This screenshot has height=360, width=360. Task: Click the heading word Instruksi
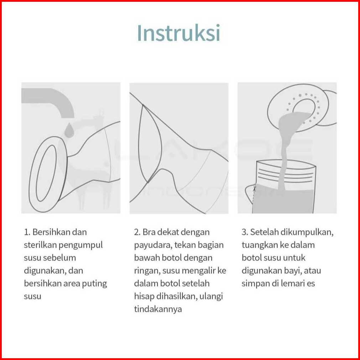[x=179, y=33]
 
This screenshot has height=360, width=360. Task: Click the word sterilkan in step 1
[x=40, y=245]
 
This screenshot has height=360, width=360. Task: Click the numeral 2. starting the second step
[x=137, y=232]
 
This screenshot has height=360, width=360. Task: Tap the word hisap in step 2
[x=144, y=297]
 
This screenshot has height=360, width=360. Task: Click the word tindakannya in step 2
[x=158, y=309]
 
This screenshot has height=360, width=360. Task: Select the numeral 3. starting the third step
[x=245, y=232]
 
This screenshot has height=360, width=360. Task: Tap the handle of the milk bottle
[x=250, y=194]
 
